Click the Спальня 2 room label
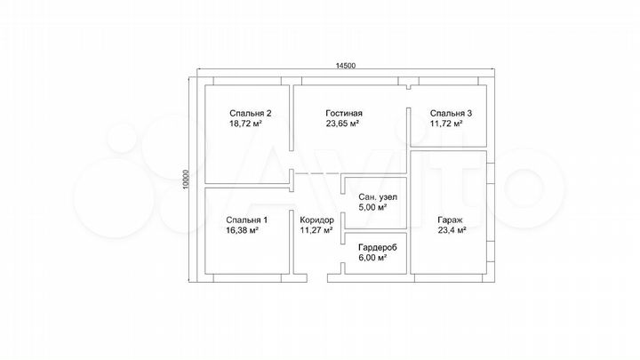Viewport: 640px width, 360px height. [250, 114]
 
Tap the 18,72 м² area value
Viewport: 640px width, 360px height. [245, 124]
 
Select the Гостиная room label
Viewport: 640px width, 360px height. [344, 114]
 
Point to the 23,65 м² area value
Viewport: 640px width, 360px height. [342, 124]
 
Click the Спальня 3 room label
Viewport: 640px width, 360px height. [451, 114]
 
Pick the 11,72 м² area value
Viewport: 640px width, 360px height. [446, 124]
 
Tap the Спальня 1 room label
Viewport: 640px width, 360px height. [246, 220]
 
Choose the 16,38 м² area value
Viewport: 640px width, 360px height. [242, 230]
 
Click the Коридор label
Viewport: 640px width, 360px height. [316, 220]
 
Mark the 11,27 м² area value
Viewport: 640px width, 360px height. [316, 230]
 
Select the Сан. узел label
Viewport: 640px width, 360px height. [378, 197]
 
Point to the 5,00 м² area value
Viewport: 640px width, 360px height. [372, 207]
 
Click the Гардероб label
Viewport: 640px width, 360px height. [378, 248]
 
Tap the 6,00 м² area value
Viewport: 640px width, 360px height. [372, 258]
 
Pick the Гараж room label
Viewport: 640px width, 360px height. [450, 220]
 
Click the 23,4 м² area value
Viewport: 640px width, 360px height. [452, 230]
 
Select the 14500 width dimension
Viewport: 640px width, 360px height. [346, 66]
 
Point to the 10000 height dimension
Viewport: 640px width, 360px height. [185, 180]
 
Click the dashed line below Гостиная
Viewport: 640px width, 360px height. [316, 174]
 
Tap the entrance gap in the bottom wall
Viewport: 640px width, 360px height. [317, 278]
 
